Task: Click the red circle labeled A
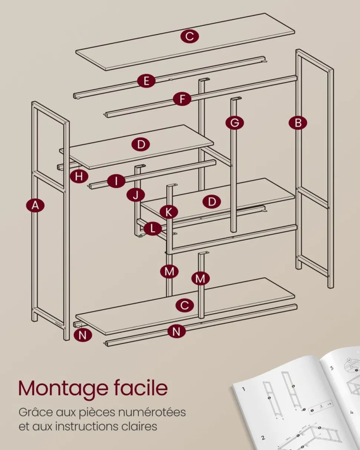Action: tap(35, 206)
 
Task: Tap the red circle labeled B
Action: tap(298, 123)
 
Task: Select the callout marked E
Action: tap(147, 81)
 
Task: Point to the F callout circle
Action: tap(182, 99)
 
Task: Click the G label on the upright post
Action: tap(235, 123)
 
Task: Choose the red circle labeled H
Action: tap(79, 177)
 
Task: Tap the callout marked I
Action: tap(116, 181)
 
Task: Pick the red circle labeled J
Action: tap(136, 195)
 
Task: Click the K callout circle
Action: tap(169, 212)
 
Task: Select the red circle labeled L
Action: tap(153, 229)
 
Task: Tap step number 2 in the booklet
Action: tap(263, 436)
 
